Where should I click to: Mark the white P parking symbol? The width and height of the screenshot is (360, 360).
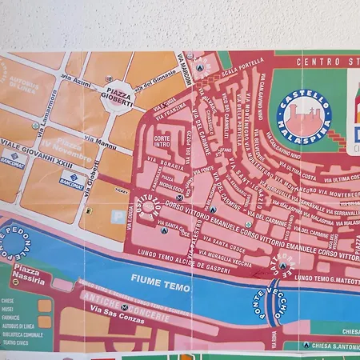(x=89, y=210)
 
